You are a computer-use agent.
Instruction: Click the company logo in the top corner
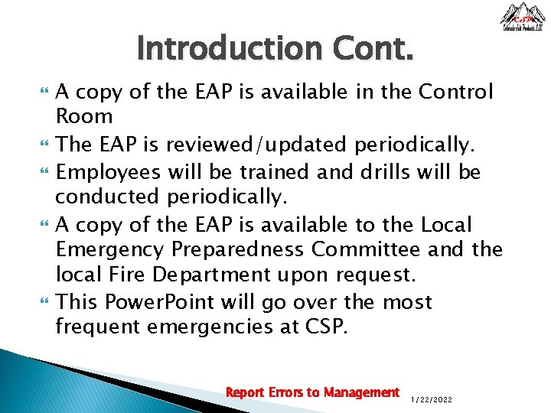(x=523, y=17)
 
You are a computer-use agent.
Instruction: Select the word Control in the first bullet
(x=456, y=93)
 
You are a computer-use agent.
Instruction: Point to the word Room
(x=84, y=117)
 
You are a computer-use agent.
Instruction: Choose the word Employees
(x=108, y=172)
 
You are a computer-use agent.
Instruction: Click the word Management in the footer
(x=361, y=392)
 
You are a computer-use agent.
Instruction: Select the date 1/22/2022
(x=432, y=398)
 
